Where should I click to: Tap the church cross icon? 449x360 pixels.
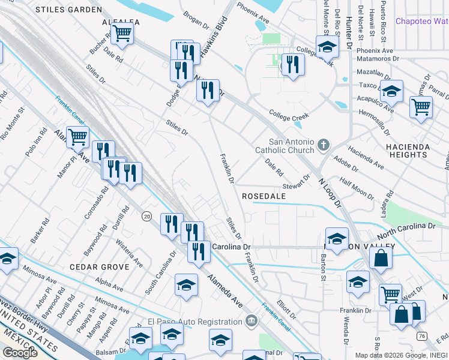[324, 144]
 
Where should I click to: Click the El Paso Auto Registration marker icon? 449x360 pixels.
[251, 321]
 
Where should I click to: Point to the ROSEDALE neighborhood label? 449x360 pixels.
[265, 196]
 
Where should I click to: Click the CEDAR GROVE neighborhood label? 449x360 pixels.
[100, 266]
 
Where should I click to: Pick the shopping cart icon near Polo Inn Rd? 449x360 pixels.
[77, 137]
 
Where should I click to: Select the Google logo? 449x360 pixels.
[20, 352]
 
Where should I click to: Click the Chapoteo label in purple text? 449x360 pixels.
[421, 22]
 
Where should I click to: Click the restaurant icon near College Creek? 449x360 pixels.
[292, 64]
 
